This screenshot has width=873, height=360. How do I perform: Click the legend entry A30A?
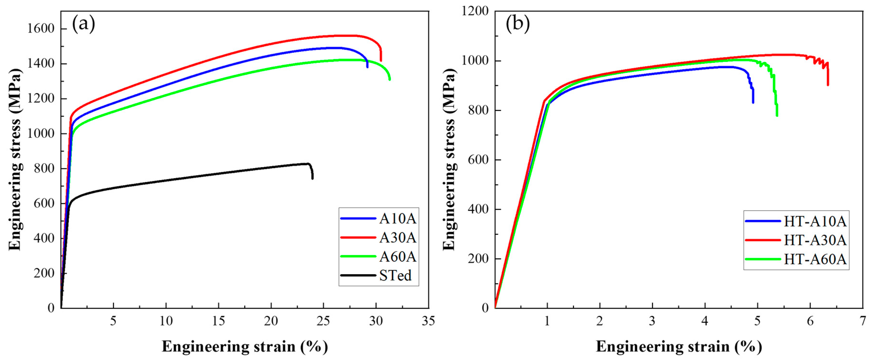[x=397, y=238]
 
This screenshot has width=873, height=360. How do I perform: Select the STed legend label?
[x=395, y=275]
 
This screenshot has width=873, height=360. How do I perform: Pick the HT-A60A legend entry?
[x=815, y=259]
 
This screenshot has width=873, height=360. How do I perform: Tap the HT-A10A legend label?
[x=815, y=221]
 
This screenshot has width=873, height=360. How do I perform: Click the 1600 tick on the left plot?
[x=41, y=29]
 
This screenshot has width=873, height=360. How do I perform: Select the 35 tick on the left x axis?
[x=428, y=321]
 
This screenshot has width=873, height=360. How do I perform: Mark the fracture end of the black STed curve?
[x=312, y=178]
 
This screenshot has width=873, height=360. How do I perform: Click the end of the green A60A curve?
[x=390, y=79]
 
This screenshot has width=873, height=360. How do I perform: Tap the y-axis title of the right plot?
[x=449, y=159]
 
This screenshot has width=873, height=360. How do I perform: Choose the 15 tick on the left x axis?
[x=218, y=321]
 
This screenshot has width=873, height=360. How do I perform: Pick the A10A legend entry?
[x=397, y=219]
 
